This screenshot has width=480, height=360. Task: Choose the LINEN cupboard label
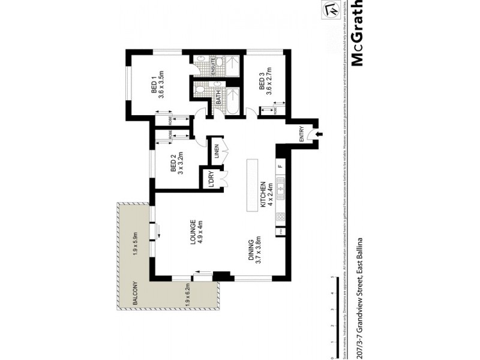pyautogui.click(x=215, y=152)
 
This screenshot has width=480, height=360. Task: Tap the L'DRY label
pyautogui.click(x=212, y=180)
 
